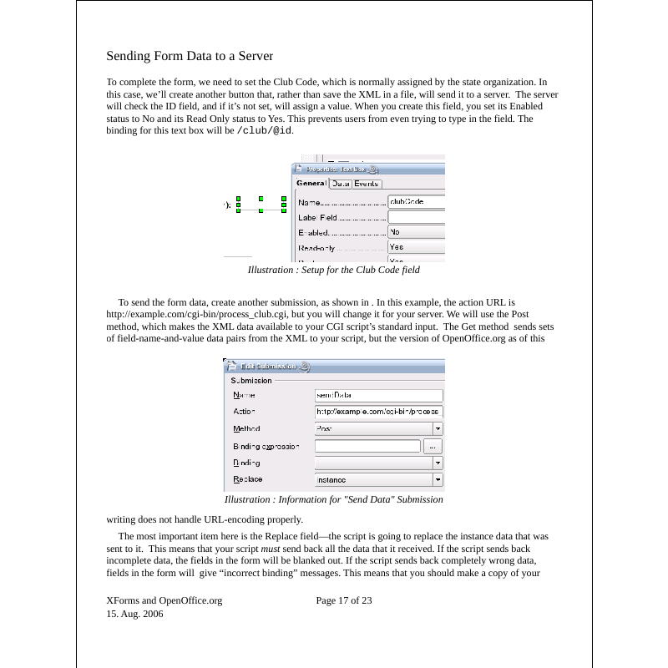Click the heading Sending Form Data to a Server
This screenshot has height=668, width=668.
point(190,57)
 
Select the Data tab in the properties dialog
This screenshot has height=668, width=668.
point(340,184)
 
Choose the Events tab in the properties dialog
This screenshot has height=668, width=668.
point(366,184)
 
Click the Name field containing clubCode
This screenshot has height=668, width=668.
point(416,202)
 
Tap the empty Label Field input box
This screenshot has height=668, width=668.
point(416,217)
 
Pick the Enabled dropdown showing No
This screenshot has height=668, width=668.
point(416,232)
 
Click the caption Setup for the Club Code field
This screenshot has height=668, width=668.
point(333,270)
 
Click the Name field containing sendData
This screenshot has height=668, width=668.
point(378,395)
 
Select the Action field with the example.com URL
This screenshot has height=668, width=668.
point(378,412)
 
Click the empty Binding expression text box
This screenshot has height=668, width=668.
point(367,446)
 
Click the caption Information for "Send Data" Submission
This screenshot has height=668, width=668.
point(333,499)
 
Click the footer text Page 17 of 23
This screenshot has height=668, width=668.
point(344,600)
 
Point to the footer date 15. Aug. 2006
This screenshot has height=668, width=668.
point(134,614)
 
